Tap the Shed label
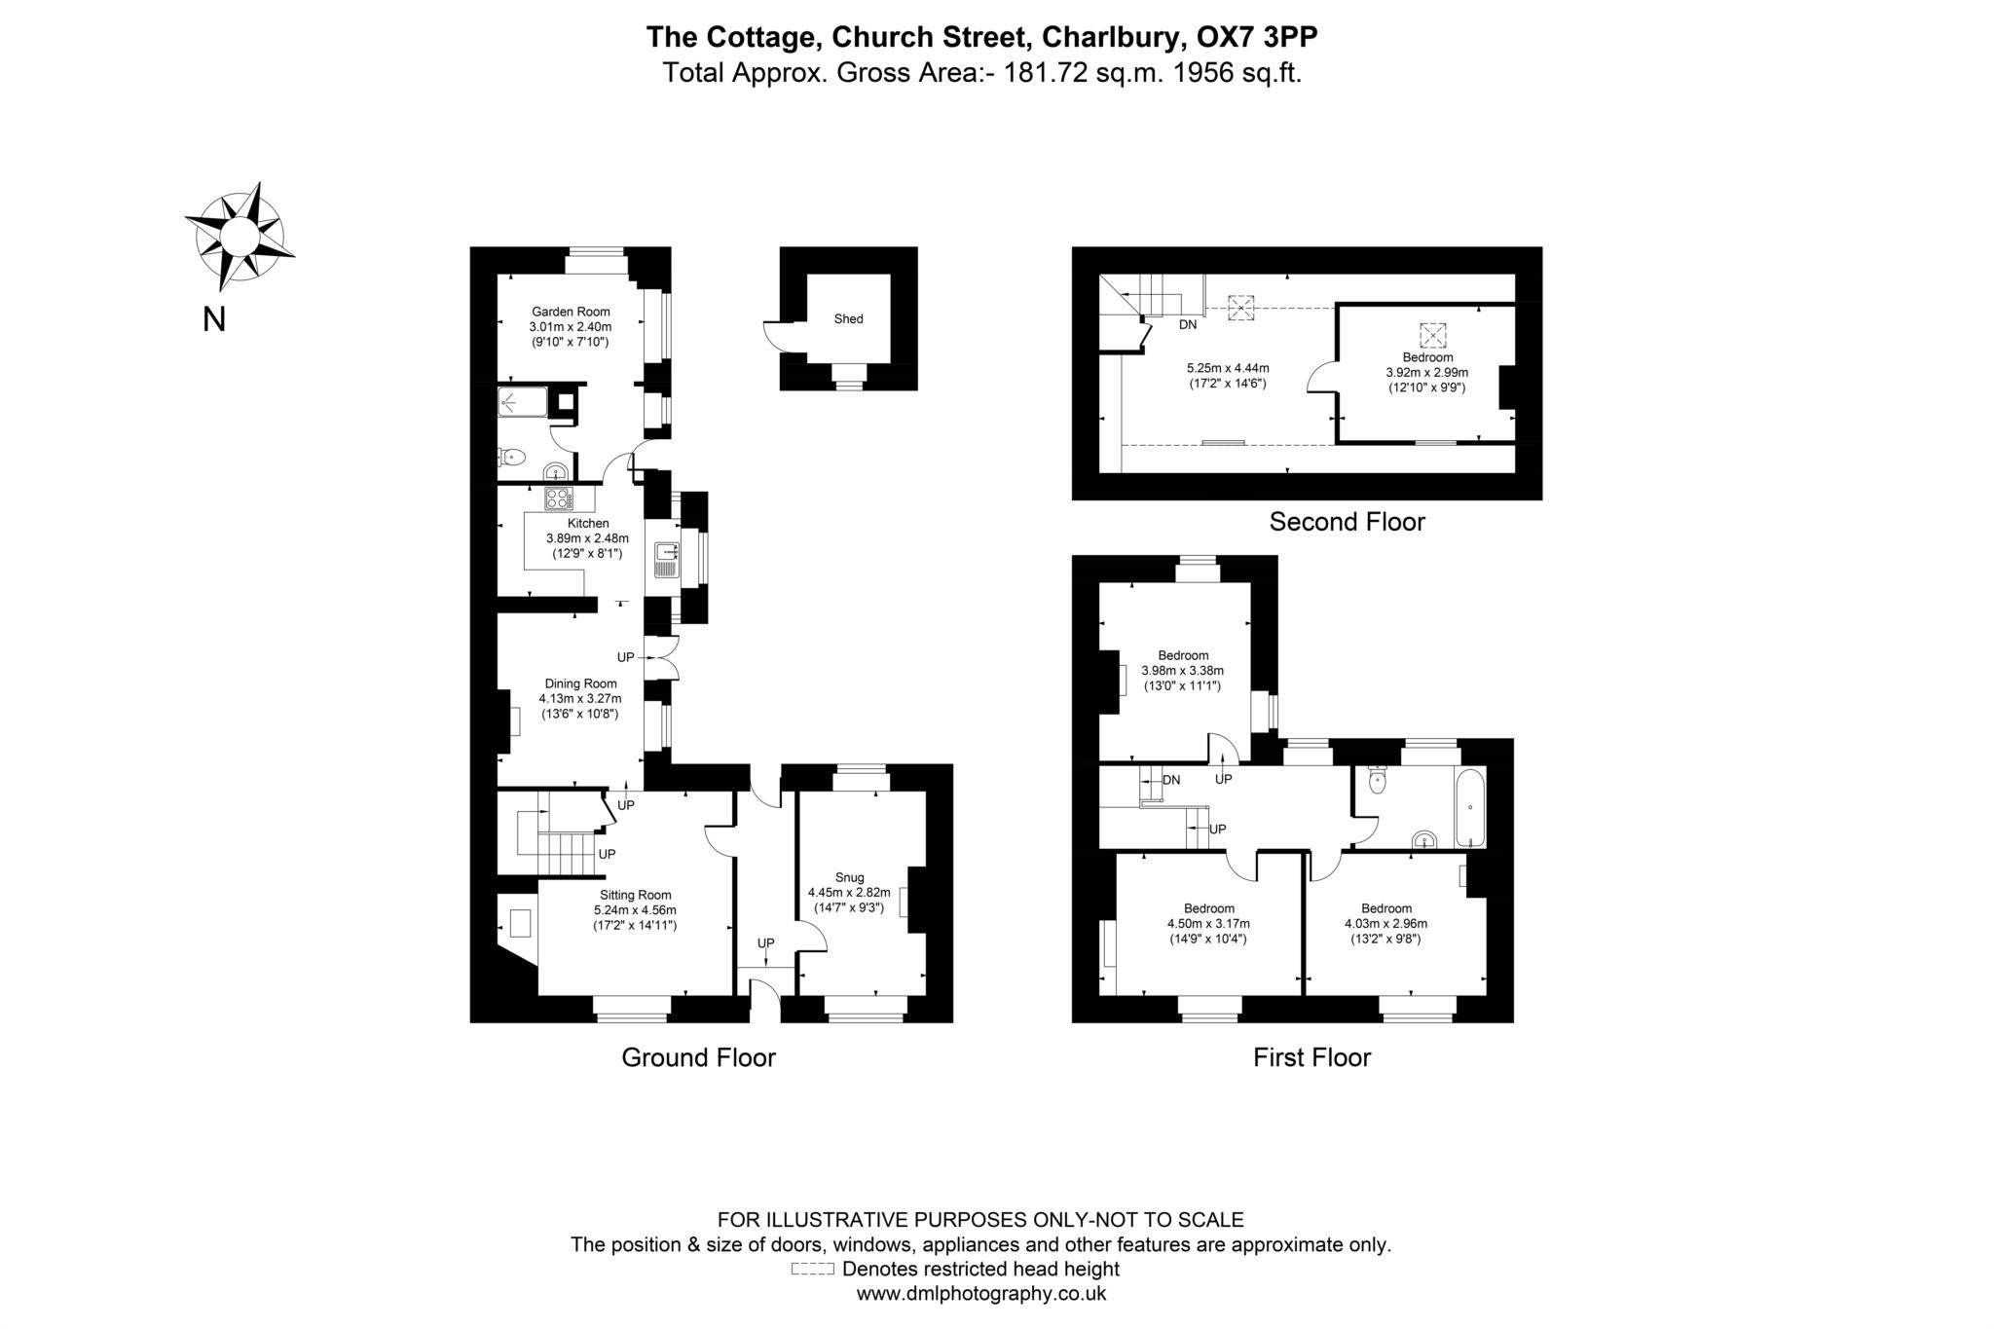[848, 318]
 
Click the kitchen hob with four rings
[559, 498]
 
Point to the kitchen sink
[667, 559]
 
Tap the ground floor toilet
[513, 456]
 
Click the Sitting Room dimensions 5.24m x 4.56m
[635, 910]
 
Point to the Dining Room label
[580, 683]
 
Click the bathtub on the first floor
[1469, 807]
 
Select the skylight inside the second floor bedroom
[1432, 335]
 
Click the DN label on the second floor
[1188, 324]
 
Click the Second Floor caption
[1347, 522]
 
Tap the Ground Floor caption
[698, 1057]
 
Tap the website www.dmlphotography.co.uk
[980, 1294]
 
